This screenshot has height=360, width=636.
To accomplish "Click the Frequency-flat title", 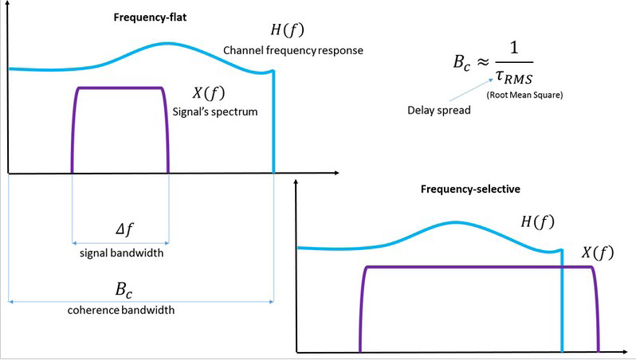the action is click(x=150, y=18).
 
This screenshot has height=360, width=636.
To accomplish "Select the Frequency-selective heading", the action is click(x=470, y=190).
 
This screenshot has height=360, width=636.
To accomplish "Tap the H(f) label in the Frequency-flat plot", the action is click(x=287, y=30).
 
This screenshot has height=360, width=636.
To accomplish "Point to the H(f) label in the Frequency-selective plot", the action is click(x=537, y=221).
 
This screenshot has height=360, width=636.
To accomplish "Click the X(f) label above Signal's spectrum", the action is click(x=209, y=93).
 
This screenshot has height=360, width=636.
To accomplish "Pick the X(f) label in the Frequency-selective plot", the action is click(x=598, y=252).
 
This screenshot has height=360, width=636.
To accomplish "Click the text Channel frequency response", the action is click(x=293, y=51).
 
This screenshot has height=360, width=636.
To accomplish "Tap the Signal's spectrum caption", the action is click(x=215, y=112).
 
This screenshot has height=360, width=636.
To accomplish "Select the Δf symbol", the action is click(x=124, y=230).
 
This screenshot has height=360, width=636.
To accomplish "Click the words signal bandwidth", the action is click(x=122, y=253).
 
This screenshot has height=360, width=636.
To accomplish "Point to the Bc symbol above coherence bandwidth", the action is click(x=124, y=290).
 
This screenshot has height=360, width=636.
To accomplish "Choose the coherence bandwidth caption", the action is click(x=121, y=311).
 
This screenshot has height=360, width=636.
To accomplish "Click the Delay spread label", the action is click(x=439, y=111).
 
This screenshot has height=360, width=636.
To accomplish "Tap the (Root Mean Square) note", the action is click(x=525, y=96).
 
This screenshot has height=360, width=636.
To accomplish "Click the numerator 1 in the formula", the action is click(x=514, y=48).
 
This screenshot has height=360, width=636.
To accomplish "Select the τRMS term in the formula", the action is click(x=514, y=76).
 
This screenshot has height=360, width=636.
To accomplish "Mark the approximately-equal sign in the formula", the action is click(x=482, y=62).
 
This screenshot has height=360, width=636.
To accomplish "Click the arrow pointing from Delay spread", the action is click(x=471, y=89).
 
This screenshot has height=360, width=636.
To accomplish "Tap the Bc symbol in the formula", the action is click(x=462, y=63).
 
